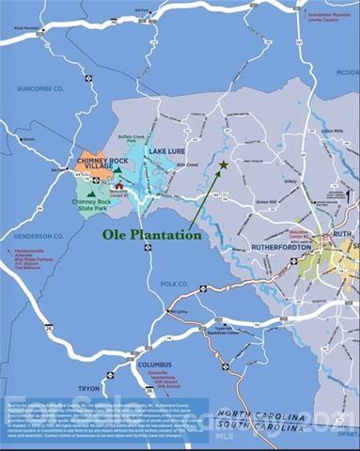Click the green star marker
point(223,165)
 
